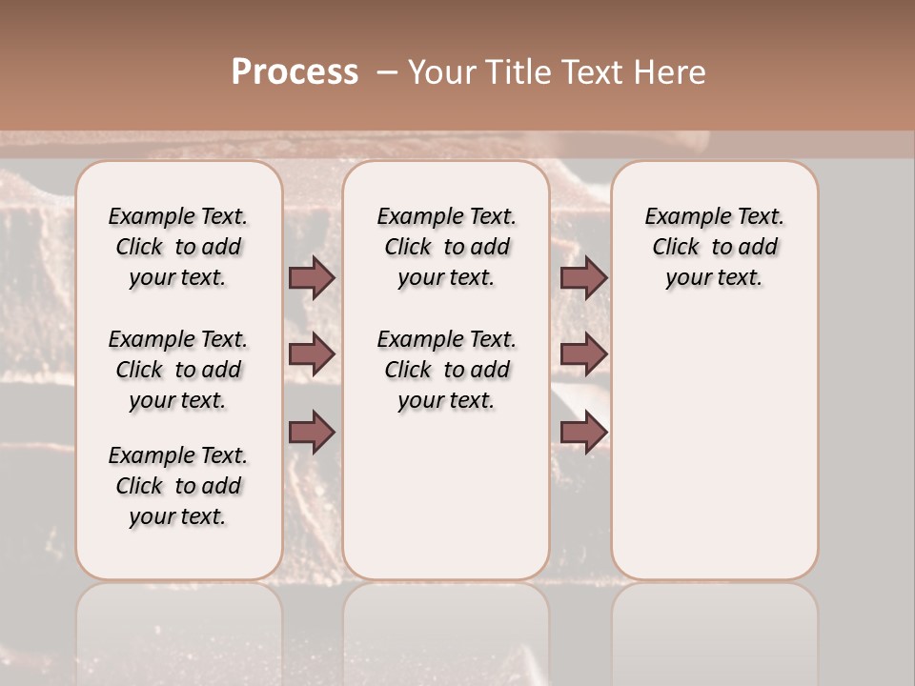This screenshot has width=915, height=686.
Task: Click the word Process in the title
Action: (x=295, y=72)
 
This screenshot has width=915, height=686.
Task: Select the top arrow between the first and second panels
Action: (x=312, y=277)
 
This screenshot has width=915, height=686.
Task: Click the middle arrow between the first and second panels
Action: (x=312, y=354)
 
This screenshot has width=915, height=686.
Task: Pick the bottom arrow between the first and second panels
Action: (x=312, y=432)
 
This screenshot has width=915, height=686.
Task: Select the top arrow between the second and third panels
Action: (x=583, y=277)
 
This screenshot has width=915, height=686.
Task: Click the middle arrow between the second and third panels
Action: (x=583, y=354)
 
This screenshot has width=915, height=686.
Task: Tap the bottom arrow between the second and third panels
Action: (x=583, y=432)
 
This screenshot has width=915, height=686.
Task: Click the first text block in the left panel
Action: (x=178, y=247)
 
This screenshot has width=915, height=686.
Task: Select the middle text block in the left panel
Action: (x=178, y=370)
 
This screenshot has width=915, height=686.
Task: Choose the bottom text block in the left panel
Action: (x=178, y=486)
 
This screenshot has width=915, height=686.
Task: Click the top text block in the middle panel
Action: (x=446, y=247)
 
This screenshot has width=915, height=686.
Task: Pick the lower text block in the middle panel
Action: (x=446, y=370)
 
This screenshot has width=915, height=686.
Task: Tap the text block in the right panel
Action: (x=714, y=247)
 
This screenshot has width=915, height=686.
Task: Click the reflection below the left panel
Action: (x=178, y=629)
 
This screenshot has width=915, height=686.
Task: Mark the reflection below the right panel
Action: (x=714, y=629)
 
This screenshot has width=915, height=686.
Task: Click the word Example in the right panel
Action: (x=680, y=216)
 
